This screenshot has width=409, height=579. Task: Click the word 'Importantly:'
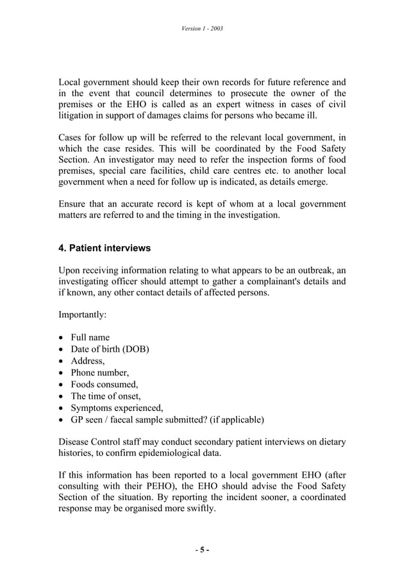coord(83,315)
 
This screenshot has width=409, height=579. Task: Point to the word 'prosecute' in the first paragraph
coord(260,94)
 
